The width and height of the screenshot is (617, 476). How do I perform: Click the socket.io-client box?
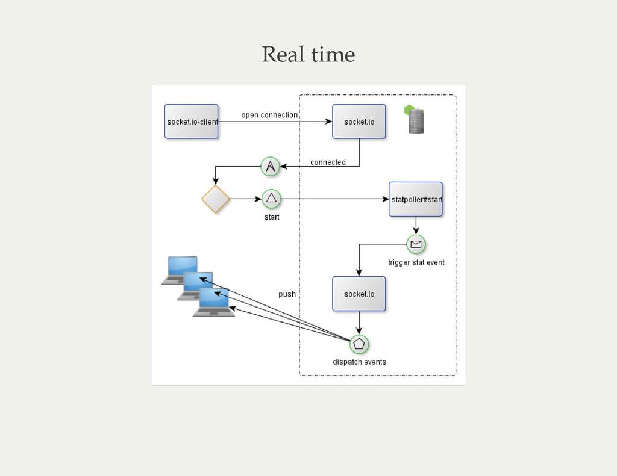click(191, 122)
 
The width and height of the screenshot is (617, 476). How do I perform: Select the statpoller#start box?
click(416, 199)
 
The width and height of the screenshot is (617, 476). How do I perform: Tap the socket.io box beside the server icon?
click(359, 122)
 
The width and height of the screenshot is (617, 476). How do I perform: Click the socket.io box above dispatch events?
click(359, 294)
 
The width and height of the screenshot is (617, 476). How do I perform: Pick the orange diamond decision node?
click(216, 199)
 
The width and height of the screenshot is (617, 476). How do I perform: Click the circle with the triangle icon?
click(271, 199)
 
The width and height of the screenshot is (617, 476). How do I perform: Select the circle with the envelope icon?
click(416, 244)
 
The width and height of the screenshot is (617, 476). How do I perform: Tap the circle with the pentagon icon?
click(359, 344)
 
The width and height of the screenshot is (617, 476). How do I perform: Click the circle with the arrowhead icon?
click(270, 166)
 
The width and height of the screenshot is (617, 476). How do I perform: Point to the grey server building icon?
click(416, 122)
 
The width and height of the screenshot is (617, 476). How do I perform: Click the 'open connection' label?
click(269, 115)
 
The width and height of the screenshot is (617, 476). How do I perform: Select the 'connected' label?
click(328, 162)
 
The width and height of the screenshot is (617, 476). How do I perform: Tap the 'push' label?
click(287, 294)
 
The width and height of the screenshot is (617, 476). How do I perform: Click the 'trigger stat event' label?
click(416, 262)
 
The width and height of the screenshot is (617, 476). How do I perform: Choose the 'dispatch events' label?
click(359, 362)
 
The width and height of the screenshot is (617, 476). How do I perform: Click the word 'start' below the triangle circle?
click(272, 217)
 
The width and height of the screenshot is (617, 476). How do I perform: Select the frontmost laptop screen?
click(214, 297)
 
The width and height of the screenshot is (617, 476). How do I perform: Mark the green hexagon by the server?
click(409, 110)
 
